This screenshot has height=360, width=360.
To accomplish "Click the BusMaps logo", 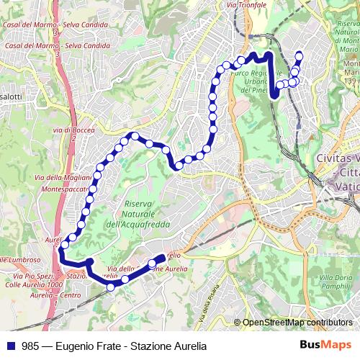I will [x=326, y=345].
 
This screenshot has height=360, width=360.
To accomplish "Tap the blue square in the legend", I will [x=12, y=345].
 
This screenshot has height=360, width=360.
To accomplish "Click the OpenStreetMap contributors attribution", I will [x=296, y=323].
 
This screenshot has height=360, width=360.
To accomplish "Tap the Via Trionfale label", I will [x=246, y=5].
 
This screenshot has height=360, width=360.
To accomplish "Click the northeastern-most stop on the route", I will [x=300, y=55].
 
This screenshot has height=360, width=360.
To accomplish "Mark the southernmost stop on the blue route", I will [x=111, y=287].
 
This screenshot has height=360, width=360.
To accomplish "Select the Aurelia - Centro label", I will [x=56, y=294].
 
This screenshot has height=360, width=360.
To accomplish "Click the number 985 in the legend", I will [x=31, y=345].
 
